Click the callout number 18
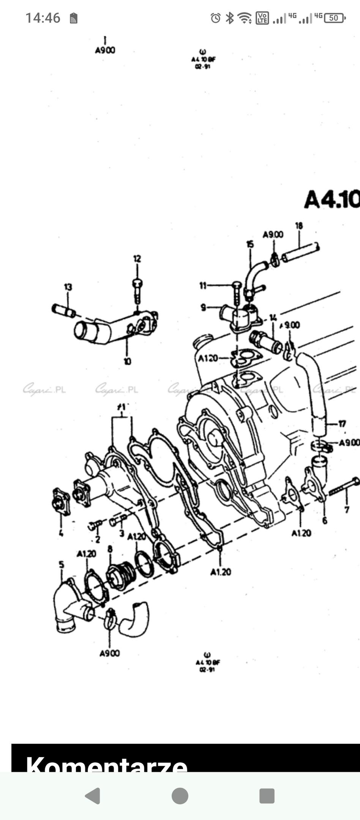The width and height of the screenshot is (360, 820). pos(299,226)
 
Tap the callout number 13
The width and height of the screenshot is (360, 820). pos(68,287)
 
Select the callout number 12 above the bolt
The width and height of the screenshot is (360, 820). pos(137,259)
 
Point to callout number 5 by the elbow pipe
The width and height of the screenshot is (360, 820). pos(62,565)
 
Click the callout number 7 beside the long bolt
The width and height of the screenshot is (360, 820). pos(347,509)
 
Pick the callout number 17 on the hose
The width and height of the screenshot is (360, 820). pos(342,423)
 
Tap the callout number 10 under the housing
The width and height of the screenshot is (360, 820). pos(127,361)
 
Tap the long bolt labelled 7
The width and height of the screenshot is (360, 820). pos(344,487)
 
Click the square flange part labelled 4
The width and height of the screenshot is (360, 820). pos(61,502)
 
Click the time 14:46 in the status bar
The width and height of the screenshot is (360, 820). pos(43,18)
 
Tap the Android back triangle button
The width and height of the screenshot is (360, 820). pos(93,796)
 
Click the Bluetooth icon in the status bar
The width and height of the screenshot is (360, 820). pos(229,18)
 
